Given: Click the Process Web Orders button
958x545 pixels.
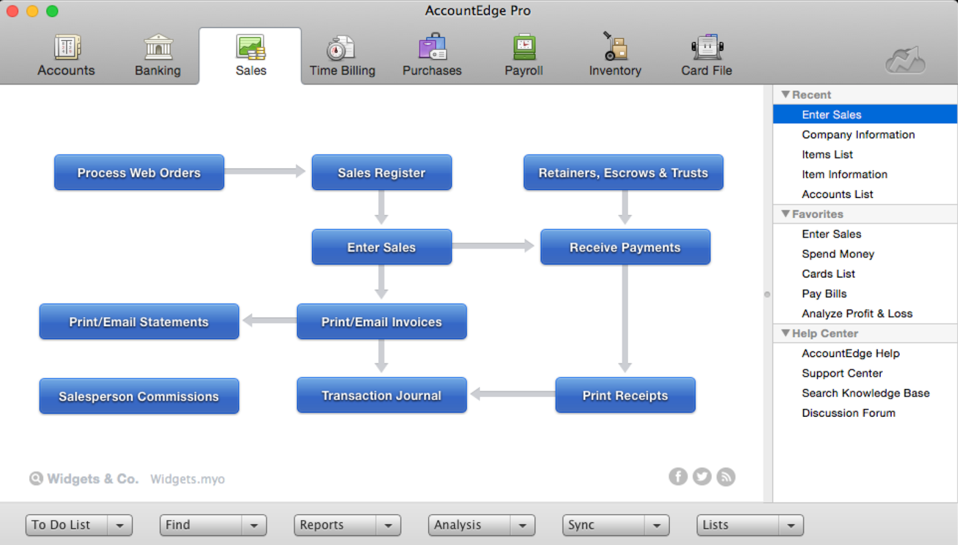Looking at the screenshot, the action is (139, 172).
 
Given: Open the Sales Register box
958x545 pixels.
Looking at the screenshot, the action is (381, 172).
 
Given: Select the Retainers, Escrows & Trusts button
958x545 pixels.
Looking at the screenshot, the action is (623, 172).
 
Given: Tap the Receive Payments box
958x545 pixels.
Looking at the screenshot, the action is (625, 247).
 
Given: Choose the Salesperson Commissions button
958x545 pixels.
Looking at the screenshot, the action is (139, 396).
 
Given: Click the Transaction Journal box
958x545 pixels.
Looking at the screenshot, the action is (381, 395).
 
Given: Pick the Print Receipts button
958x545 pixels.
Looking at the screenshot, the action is (625, 395).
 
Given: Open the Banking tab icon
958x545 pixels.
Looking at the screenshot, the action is (158, 47).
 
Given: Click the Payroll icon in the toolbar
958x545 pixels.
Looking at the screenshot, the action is (524, 47).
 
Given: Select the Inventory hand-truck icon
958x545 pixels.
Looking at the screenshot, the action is (616, 46).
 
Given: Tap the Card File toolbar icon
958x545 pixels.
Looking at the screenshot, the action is (707, 47).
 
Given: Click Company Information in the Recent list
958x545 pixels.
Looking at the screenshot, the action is (858, 135).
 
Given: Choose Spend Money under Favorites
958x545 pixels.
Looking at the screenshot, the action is (838, 254).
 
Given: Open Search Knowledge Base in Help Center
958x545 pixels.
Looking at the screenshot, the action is (865, 393).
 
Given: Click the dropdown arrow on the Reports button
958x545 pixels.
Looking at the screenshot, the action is (388, 526).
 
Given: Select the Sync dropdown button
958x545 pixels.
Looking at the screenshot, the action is (616, 526).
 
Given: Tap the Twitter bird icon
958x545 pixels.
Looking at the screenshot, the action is (702, 476).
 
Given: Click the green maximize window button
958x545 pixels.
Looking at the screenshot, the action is (52, 11).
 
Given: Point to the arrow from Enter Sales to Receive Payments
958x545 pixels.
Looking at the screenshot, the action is (493, 245).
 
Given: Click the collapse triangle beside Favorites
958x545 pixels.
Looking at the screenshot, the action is (786, 214).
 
